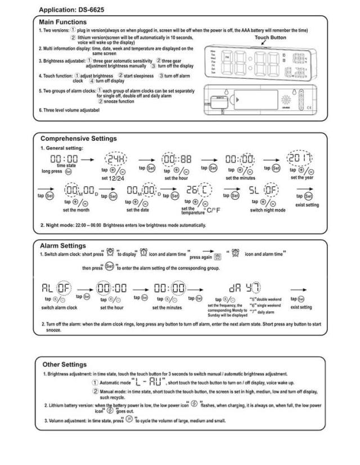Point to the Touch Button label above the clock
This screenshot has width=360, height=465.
(x=270, y=37)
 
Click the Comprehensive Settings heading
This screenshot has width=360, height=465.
(x=79, y=138)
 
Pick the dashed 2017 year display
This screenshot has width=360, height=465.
(x=298, y=159)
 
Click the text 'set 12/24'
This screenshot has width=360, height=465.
(x=112, y=178)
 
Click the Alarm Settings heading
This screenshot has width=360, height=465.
(x=63, y=245)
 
